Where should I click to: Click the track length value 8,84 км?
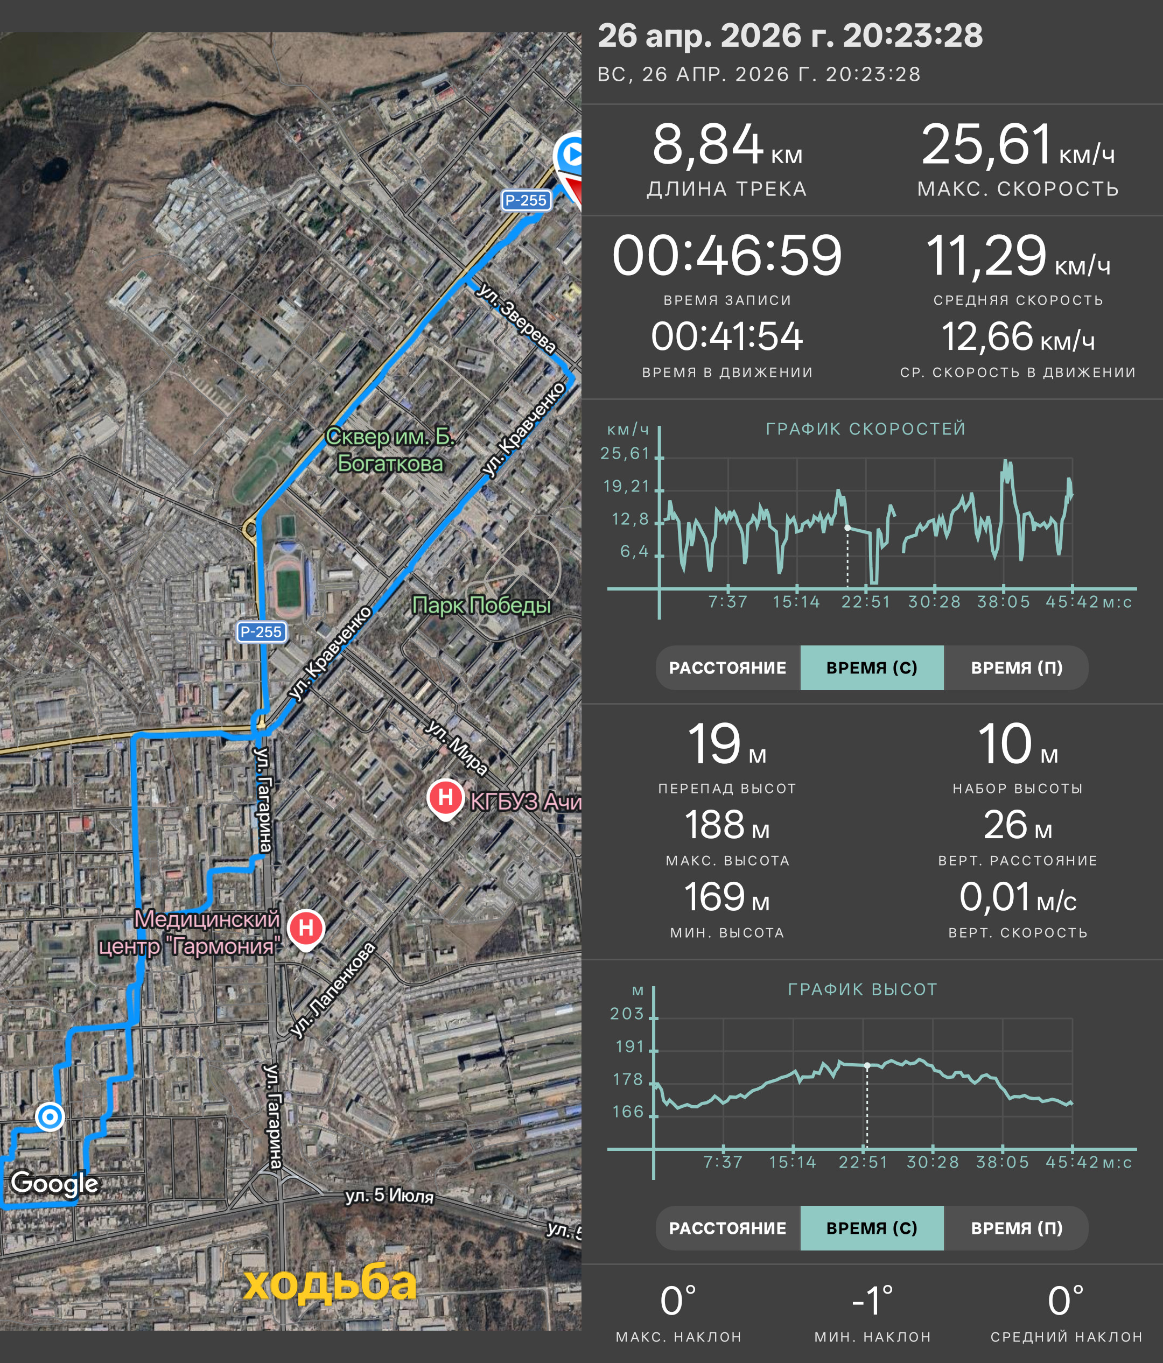point(727,145)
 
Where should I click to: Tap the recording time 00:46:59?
point(727,255)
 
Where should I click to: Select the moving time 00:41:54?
point(727,337)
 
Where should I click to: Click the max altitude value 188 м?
point(727,824)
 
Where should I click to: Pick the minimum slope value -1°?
point(872,1301)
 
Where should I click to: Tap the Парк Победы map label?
point(481,605)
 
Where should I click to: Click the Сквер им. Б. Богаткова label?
point(390,450)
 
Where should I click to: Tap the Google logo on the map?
point(54,1183)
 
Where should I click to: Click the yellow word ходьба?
point(330,1283)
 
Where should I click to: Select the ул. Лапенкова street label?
point(333,990)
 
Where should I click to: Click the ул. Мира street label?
point(457,747)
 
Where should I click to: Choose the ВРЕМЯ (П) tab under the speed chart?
point(1017,668)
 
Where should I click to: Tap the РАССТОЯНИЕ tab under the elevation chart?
point(727,1228)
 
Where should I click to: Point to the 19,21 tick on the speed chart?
point(626,486)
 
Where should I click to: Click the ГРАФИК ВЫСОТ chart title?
point(863,989)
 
